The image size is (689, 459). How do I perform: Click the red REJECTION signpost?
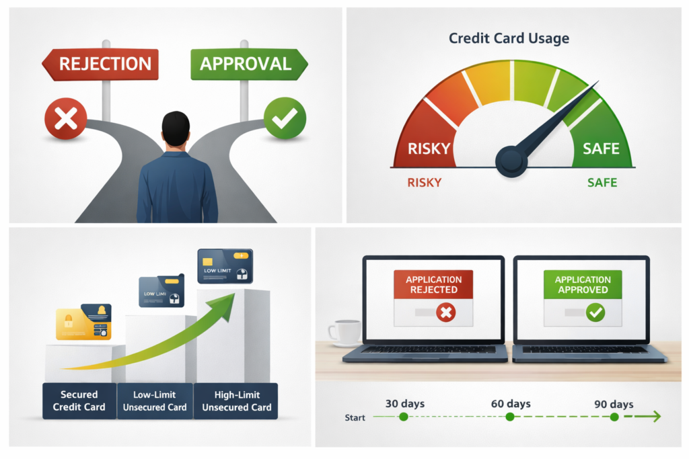pos(101,65)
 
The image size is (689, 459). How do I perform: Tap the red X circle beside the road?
pos(65,120)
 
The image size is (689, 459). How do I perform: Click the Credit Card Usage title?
pos(509,38)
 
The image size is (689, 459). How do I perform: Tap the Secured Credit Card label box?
pos(79,401)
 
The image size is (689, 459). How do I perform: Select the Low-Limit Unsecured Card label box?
pos(155,401)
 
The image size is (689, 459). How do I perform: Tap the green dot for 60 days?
pos(509,417)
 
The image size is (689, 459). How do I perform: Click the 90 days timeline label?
pos(614,404)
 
